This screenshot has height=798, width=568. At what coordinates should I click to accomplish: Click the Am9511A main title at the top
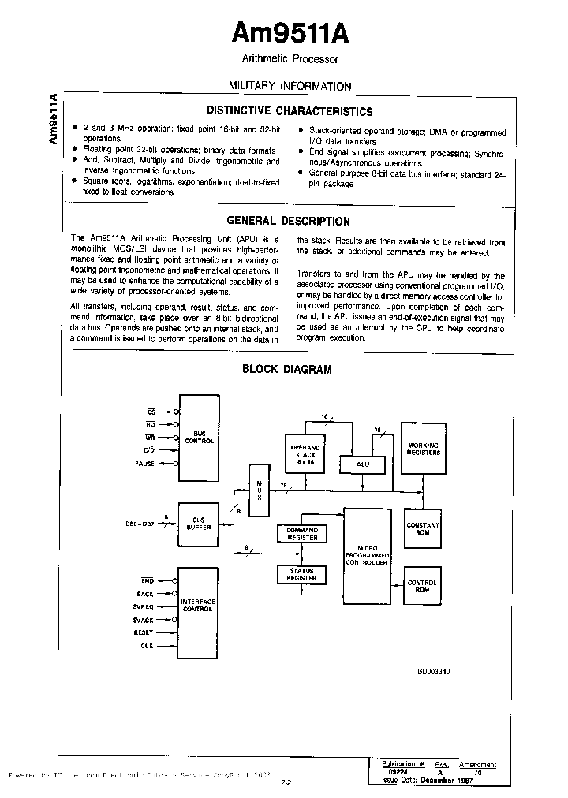coord(290,34)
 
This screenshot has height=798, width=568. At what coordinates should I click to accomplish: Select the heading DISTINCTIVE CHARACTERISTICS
coord(290,111)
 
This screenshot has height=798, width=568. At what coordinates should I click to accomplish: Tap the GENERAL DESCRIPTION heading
coord(289,222)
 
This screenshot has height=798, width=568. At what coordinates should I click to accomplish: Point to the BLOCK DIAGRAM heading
coord(286,369)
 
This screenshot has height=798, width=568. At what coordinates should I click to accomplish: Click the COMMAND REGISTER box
coord(301,534)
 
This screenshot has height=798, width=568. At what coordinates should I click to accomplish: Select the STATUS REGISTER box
coord(301,575)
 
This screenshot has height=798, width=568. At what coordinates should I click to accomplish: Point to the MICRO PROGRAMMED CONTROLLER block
coord(368,556)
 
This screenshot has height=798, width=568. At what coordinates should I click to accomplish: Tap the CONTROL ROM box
coord(422,587)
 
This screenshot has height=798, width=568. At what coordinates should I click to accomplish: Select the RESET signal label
coord(144,632)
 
